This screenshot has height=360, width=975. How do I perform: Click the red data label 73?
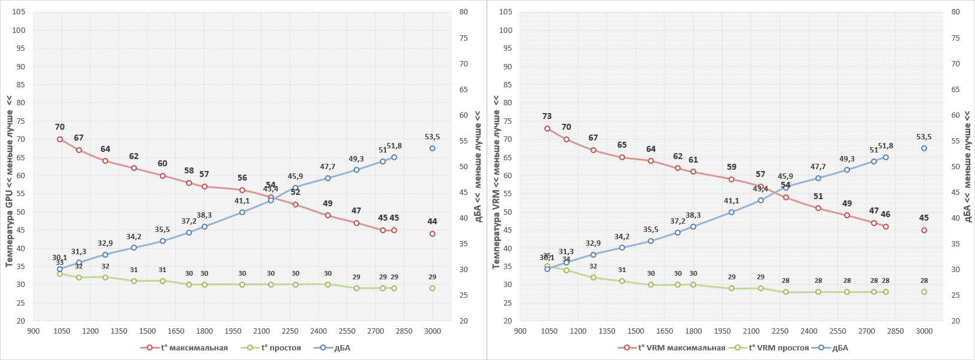click(547, 117)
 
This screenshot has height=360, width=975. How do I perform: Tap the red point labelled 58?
click(189, 183)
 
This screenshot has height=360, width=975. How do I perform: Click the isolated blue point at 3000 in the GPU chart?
click(432, 148)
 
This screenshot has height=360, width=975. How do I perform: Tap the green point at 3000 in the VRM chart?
click(924, 292)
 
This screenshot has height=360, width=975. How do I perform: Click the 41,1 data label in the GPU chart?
click(242, 201)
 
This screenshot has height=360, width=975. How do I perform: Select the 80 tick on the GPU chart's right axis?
click(464, 12)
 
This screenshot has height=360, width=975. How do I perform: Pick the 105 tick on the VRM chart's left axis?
click(505, 12)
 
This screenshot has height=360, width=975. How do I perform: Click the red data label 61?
click(693, 160)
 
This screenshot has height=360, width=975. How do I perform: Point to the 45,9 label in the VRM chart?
click(785, 176)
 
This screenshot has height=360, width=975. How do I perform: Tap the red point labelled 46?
click(886, 227)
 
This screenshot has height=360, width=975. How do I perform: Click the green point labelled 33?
click(60, 274)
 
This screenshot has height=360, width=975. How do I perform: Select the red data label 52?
click(295, 193)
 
